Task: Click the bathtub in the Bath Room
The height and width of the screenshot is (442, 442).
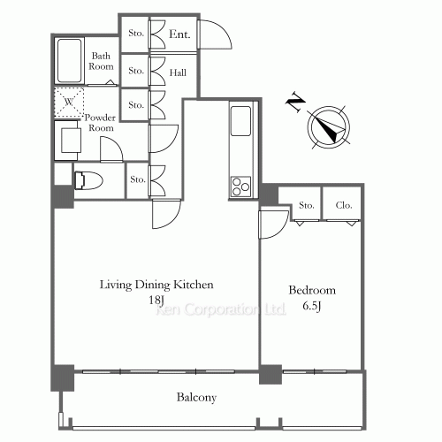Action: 69,61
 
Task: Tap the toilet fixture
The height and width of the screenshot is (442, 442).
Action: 88,180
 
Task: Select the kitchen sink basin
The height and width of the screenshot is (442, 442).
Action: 240,121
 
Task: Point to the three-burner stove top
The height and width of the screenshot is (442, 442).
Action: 240,187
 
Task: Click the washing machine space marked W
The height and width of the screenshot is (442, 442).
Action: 69,103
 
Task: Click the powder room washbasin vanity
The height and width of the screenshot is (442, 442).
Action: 68,141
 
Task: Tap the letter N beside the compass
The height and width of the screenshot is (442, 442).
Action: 295,103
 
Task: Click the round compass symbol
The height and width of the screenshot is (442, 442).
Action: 329,127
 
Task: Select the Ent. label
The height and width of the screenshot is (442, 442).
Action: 179,34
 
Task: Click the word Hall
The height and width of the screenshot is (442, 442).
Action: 178,72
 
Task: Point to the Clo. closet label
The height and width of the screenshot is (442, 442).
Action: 344,205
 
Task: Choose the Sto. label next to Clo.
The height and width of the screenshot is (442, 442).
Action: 307,205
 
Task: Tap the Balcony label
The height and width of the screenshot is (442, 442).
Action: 196,398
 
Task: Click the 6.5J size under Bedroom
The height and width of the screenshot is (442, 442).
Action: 312,306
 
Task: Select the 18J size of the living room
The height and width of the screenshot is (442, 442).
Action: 156,301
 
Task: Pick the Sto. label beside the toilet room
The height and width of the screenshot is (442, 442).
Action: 138,179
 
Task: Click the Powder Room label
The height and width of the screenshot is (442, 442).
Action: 100,123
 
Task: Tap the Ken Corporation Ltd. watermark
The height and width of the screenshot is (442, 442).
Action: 221,309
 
